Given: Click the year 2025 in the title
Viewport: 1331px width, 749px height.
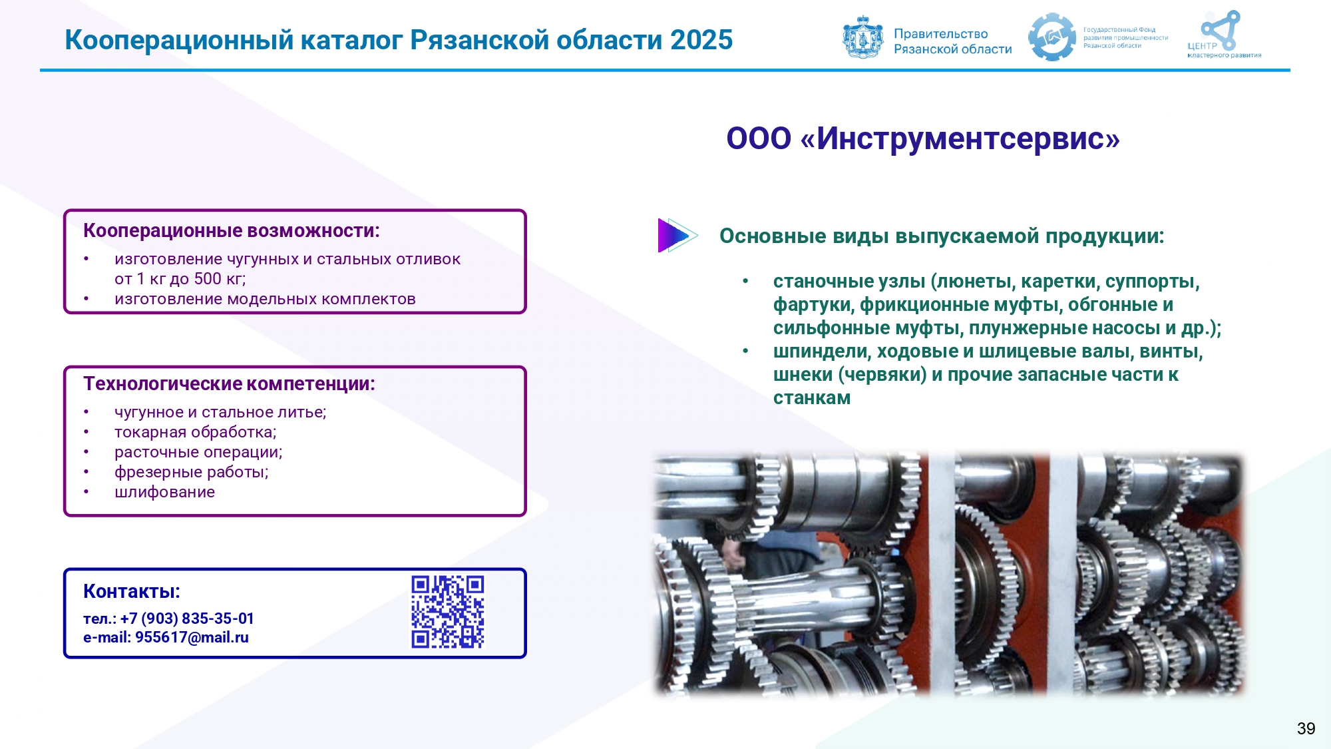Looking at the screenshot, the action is pos(701,40).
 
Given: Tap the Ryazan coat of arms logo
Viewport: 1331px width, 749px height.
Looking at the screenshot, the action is pos(863,37).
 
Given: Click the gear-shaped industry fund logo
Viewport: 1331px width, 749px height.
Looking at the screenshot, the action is pos(1051,37).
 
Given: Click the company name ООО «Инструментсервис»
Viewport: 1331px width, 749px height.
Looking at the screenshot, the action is pos(923,138).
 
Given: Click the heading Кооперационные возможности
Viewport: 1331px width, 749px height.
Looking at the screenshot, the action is pos(231,230).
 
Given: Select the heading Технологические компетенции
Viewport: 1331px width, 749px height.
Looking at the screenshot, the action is pos(229,383).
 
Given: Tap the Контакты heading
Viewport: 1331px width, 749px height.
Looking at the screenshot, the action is pos(132,591).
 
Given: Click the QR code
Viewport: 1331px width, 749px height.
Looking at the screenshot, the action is pos(447,612).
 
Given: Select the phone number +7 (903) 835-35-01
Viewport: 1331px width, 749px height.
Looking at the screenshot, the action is pos(187,619).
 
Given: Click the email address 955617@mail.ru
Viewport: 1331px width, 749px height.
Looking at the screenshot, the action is pos(192,637).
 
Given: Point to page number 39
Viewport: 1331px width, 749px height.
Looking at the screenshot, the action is pos(1306,728).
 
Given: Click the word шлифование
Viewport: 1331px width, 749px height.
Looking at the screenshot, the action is pos(164,492).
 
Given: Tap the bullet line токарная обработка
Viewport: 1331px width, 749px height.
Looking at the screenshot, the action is pos(195,432).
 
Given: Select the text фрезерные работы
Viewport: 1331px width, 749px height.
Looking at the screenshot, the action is pos(191,472).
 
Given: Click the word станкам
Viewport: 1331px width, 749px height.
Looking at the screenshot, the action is pos(812,398).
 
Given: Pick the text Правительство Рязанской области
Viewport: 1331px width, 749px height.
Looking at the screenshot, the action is pos(952,41).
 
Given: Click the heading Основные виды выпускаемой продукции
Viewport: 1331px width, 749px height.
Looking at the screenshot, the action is pos(942,236).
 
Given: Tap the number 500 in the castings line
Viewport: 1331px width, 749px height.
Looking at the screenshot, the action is pos(208,279).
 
